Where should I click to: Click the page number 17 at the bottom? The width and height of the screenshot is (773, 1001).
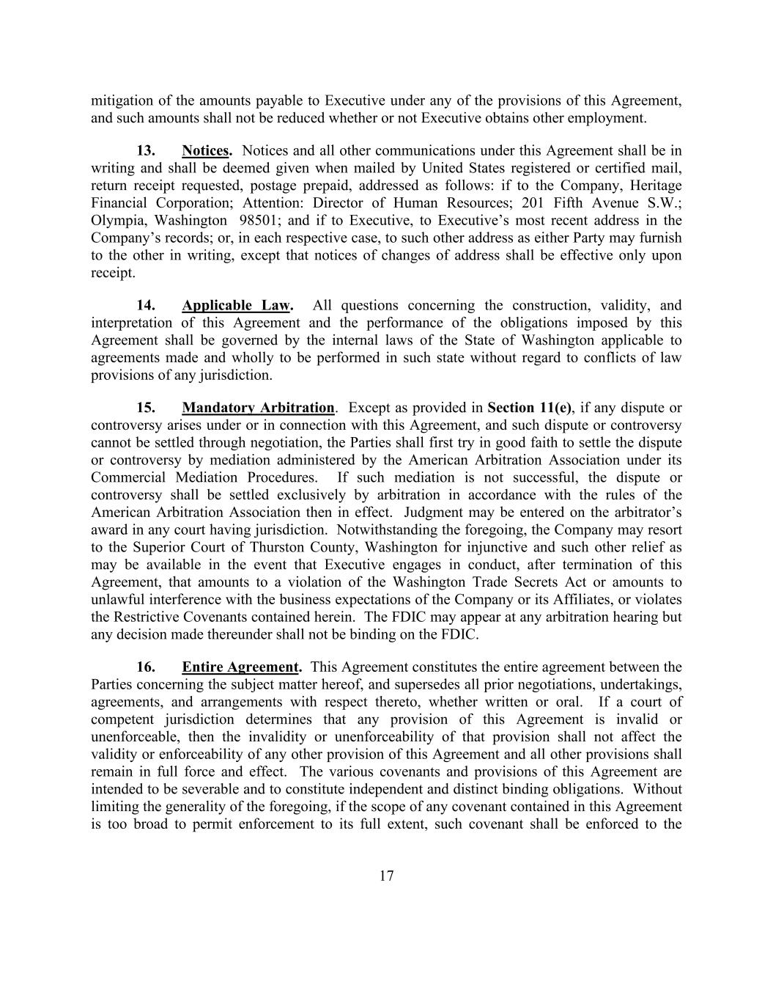click(387, 876)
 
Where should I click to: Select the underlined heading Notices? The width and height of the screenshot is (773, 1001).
click(207, 150)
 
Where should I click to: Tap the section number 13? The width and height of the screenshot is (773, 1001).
click(146, 150)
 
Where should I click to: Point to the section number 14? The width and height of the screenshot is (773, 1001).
click(146, 305)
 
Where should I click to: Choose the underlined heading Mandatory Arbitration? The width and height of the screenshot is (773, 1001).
click(258, 408)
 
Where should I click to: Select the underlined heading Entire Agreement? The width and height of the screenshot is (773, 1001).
click(241, 667)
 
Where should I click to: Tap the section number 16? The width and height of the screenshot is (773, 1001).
click(146, 667)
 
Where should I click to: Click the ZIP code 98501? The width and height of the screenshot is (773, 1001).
click(256, 221)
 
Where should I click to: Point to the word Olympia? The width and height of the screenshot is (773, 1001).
click(118, 221)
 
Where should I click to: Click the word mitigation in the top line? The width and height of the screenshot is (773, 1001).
click(122, 101)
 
